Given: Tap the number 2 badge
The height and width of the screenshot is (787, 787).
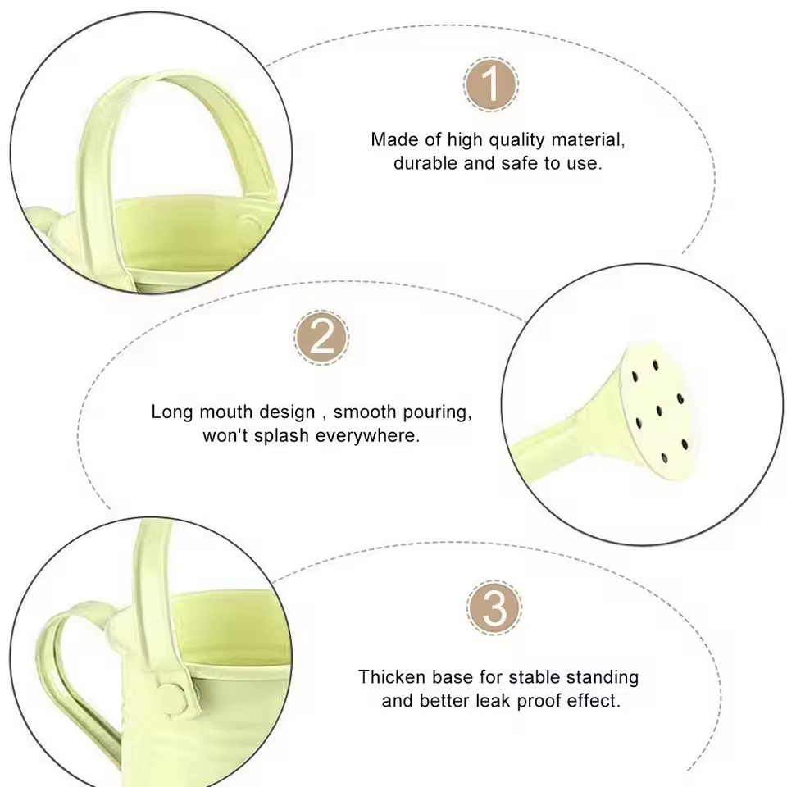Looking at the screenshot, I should point(321,337).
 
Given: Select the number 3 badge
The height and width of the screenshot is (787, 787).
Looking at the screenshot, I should point(494,607).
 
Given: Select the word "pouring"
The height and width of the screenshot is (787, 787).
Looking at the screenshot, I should point(437,412).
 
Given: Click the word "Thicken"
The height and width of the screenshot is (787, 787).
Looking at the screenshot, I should point(391,677).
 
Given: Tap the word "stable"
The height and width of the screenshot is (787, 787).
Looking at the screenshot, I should point(535,677).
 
